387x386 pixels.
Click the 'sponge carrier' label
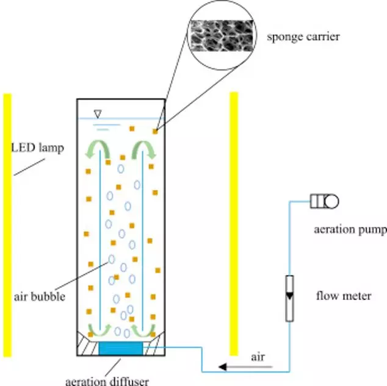[x=303, y=37]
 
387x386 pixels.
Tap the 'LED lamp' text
[x=37, y=148]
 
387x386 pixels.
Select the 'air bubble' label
[x=39, y=297]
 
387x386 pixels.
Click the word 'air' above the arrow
[x=258, y=357]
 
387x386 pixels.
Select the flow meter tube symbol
[x=289, y=298]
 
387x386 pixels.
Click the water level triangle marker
[x=98, y=112]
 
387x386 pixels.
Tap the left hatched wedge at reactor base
[x=87, y=346]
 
